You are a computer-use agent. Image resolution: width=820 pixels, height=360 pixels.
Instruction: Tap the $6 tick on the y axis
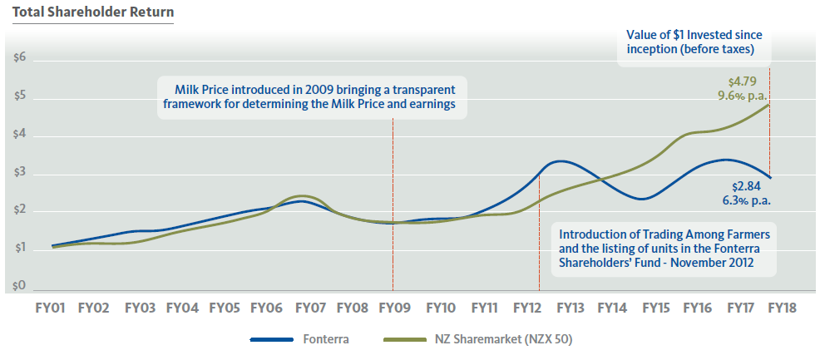coord(19,59)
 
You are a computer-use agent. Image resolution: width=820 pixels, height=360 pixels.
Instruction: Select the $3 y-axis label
coord(19,173)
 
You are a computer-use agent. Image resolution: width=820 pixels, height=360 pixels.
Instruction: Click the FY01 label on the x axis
coord(51,308)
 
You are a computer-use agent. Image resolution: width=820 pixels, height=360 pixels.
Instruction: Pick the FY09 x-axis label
coord(394,308)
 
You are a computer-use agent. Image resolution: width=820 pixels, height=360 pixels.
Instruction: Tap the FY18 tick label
coord(782,308)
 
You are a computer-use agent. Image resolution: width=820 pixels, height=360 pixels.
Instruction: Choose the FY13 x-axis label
coord(570,308)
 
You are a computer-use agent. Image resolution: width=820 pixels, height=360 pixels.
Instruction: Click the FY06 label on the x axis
coord(266,308)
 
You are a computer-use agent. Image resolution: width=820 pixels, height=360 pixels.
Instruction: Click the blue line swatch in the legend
coord(271,339)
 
